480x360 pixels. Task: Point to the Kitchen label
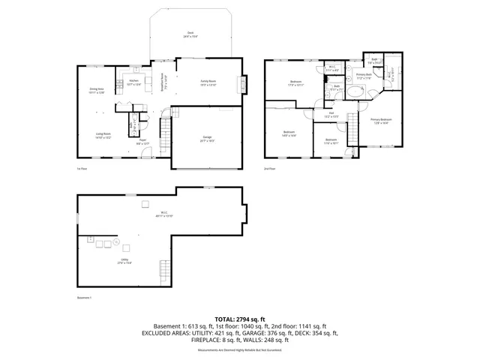[133, 82]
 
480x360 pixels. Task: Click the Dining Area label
[97, 91]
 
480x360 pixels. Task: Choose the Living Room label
[103, 136]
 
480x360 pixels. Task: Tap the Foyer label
[142, 141]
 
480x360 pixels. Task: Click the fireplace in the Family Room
[241, 84]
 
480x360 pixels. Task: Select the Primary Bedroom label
[380, 121]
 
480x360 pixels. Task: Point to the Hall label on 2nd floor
[331, 115]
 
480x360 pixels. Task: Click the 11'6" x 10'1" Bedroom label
[331, 141]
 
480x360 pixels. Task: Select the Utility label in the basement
[124, 262]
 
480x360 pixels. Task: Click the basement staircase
[165, 269]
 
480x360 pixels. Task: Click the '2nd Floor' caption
[269, 169]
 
